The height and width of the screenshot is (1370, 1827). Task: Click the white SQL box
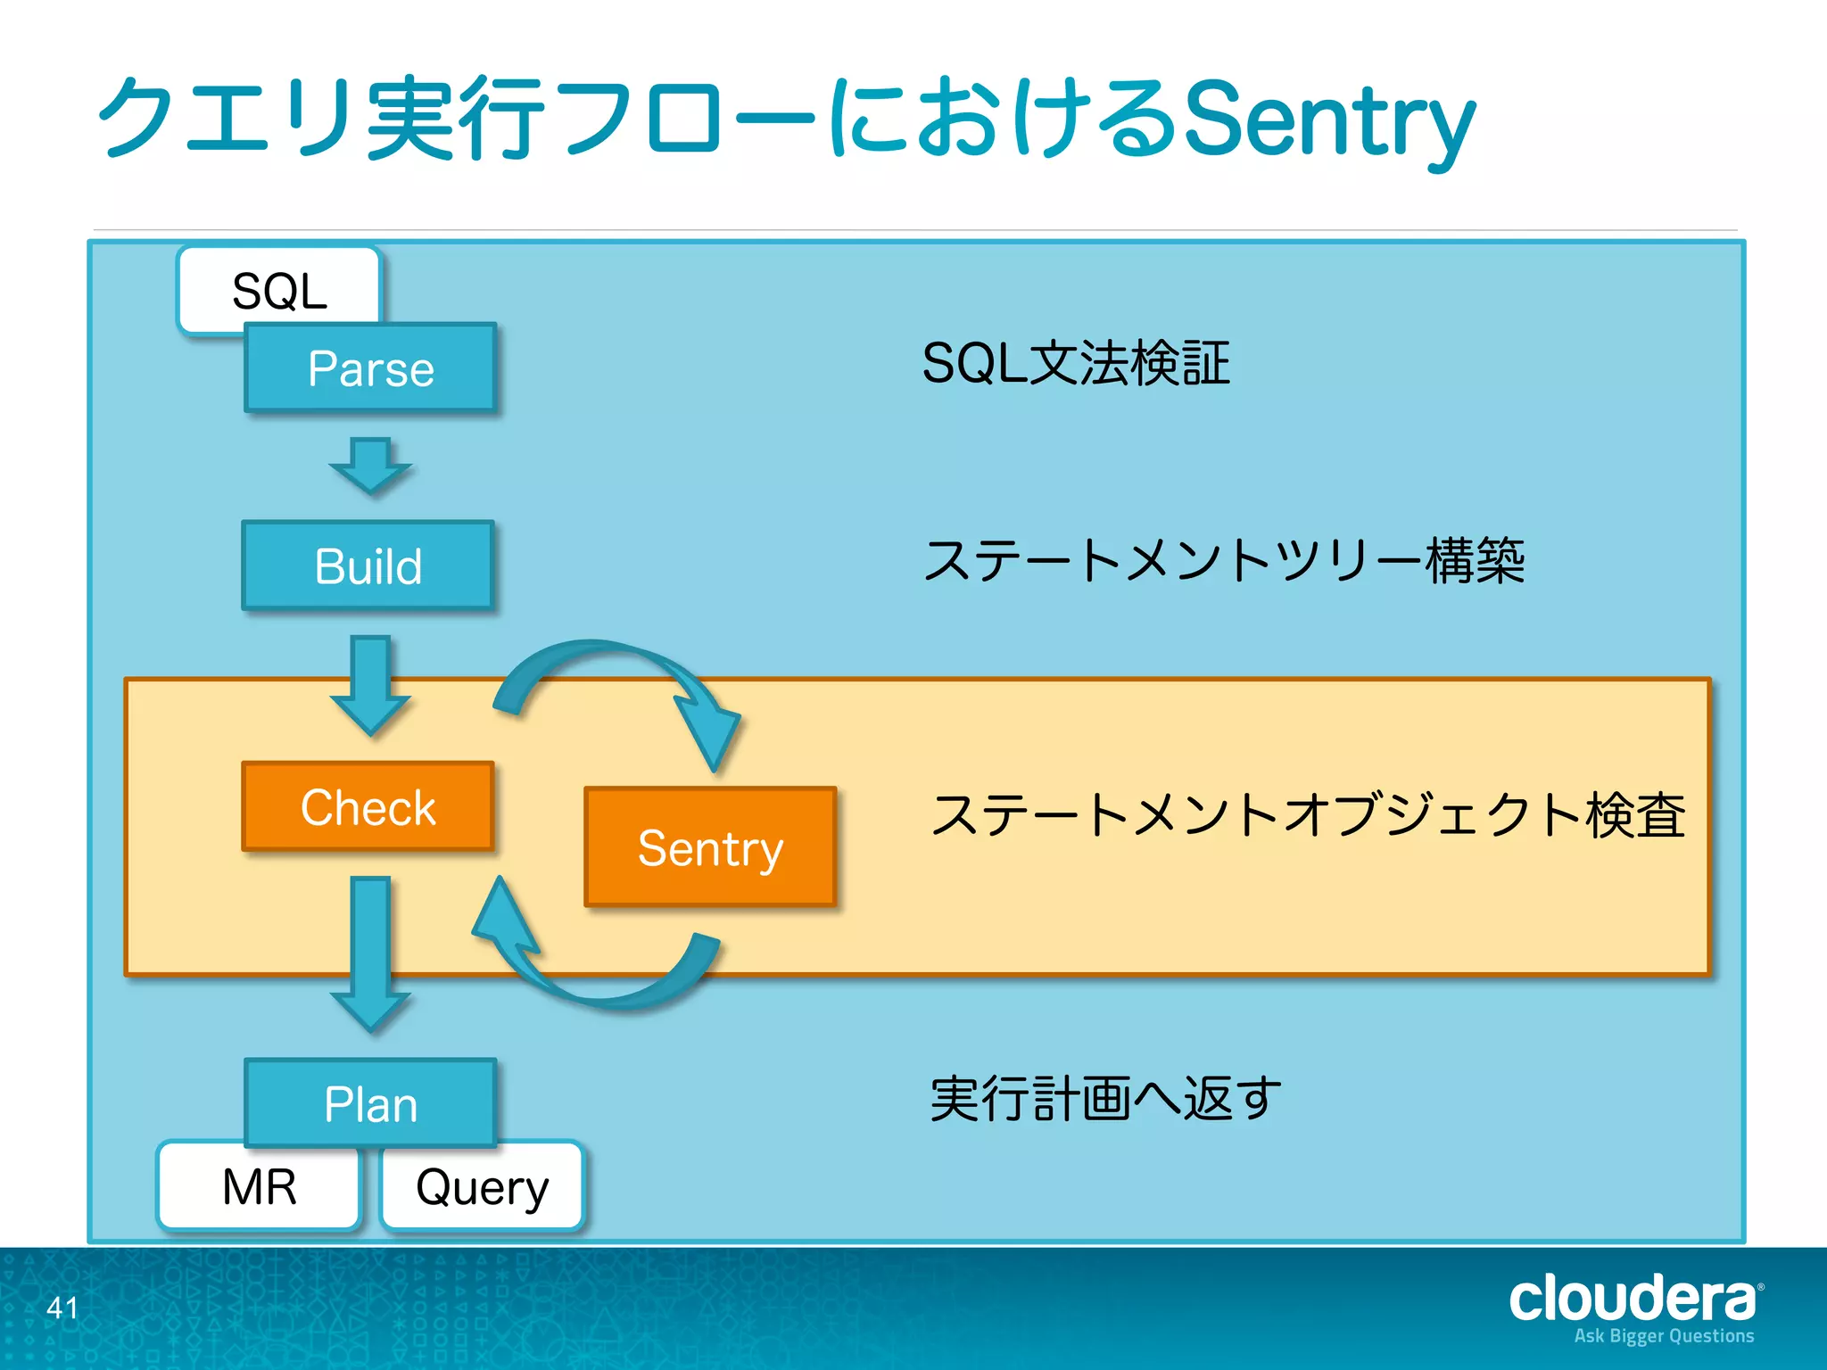(x=278, y=288)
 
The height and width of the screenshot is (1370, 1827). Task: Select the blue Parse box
(x=370, y=367)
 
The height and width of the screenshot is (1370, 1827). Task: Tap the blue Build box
(x=368, y=565)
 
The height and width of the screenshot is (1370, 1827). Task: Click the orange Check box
(x=368, y=806)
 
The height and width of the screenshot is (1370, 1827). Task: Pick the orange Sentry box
(x=710, y=846)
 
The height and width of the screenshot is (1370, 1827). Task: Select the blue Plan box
(x=370, y=1103)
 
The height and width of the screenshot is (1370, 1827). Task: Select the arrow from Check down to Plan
(x=370, y=954)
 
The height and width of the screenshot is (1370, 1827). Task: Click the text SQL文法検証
(x=1076, y=364)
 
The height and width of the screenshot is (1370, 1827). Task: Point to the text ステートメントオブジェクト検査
(x=1308, y=815)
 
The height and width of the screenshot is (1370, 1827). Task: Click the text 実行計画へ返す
(x=1104, y=1099)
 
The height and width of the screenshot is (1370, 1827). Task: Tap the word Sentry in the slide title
(x=1329, y=120)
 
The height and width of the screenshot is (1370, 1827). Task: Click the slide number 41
(x=62, y=1308)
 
